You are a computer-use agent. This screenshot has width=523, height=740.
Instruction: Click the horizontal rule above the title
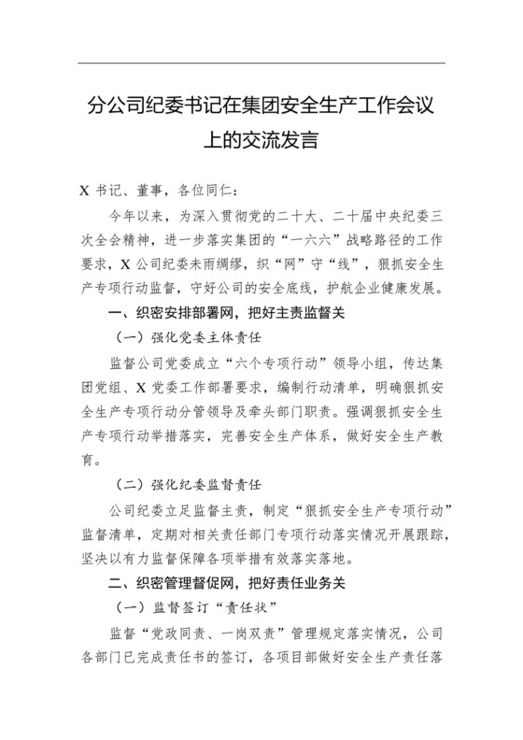261,63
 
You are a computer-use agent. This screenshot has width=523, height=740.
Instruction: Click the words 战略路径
365,237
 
